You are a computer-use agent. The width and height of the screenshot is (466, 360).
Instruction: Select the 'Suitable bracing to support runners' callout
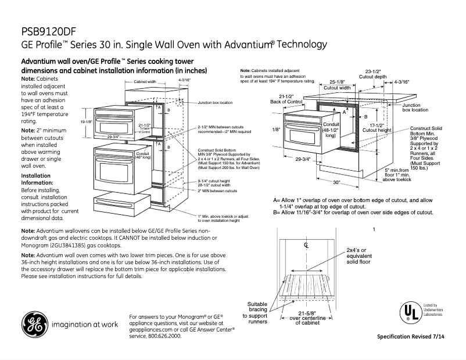coord(258,316)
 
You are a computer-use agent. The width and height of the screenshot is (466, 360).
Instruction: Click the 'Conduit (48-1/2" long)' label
coord(330,131)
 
